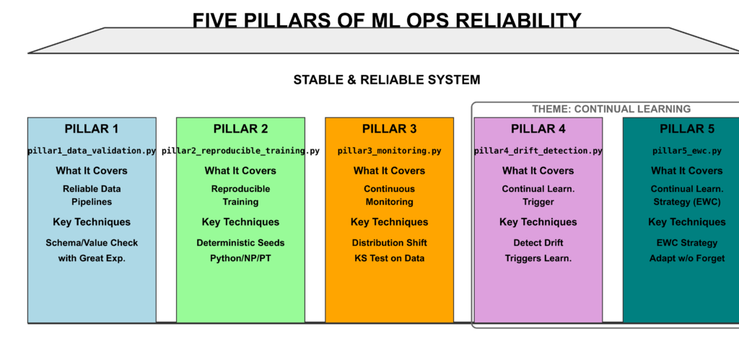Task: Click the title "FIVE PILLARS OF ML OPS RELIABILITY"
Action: click(x=386, y=19)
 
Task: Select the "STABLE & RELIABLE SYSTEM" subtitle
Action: click(x=386, y=79)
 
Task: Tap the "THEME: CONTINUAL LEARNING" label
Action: click(x=611, y=109)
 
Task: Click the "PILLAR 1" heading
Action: click(x=92, y=129)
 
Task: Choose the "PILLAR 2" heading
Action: click(x=240, y=129)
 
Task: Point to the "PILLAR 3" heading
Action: click(x=389, y=129)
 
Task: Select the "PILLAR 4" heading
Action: click(x=538, y=129)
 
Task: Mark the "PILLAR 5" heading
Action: click(x=686, y=129)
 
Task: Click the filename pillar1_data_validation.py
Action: click(x=92, y=152)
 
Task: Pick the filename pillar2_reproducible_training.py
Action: click(x=240, y=152)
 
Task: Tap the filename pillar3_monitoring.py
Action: click(x=389, y=152)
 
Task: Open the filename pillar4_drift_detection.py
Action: click(x=538, y=152)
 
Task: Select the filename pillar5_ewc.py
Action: click(x=686, y=152)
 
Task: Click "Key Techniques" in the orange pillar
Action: click(x=389, y=222)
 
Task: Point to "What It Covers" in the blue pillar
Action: click(x=92, y=171)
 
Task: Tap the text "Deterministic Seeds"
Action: click(x=240, y=243)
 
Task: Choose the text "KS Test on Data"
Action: click(x=389, y=258)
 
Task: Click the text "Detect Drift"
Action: click(x=538, y=243)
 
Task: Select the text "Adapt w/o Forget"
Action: click(x=686, y=258)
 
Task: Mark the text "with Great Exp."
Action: click(x=92, y=258)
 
